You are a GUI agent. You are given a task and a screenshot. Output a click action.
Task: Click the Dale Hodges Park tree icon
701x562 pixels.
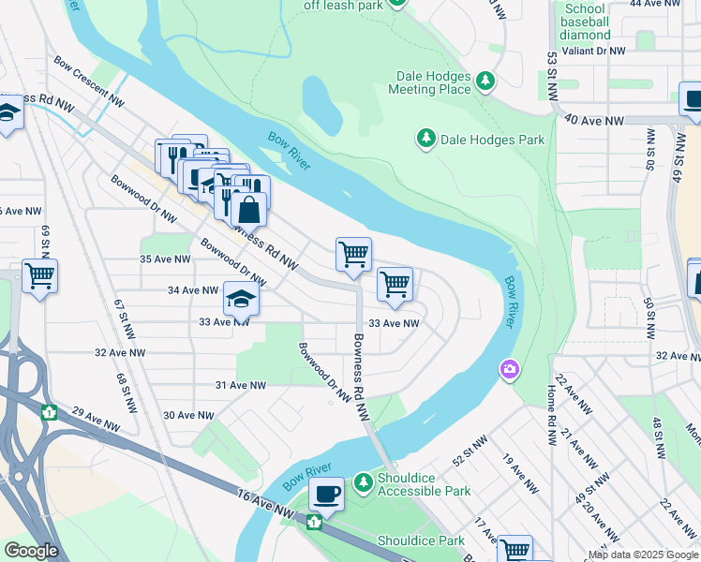pos(426,140)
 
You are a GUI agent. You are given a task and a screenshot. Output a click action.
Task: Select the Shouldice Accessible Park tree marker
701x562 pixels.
pos(365,483)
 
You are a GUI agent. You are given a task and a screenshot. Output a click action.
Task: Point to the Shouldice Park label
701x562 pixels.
pos(421,540)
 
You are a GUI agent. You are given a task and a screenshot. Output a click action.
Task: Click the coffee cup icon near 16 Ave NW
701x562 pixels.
pos(326,493)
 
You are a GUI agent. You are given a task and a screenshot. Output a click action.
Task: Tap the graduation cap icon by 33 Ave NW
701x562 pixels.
pos(241,299)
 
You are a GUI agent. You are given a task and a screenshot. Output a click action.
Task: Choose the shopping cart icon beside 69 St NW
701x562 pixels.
pos(40,276)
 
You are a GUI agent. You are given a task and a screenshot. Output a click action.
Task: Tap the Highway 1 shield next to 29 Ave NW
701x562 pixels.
pos(49,411)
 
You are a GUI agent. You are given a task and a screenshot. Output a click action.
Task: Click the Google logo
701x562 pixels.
pos(31,551)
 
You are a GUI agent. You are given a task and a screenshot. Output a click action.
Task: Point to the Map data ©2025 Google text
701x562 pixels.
pos(643,555)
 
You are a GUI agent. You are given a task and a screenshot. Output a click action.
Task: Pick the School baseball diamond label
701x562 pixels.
pos(586,22)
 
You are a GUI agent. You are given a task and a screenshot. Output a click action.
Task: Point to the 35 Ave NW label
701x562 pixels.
pos(164,259)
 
